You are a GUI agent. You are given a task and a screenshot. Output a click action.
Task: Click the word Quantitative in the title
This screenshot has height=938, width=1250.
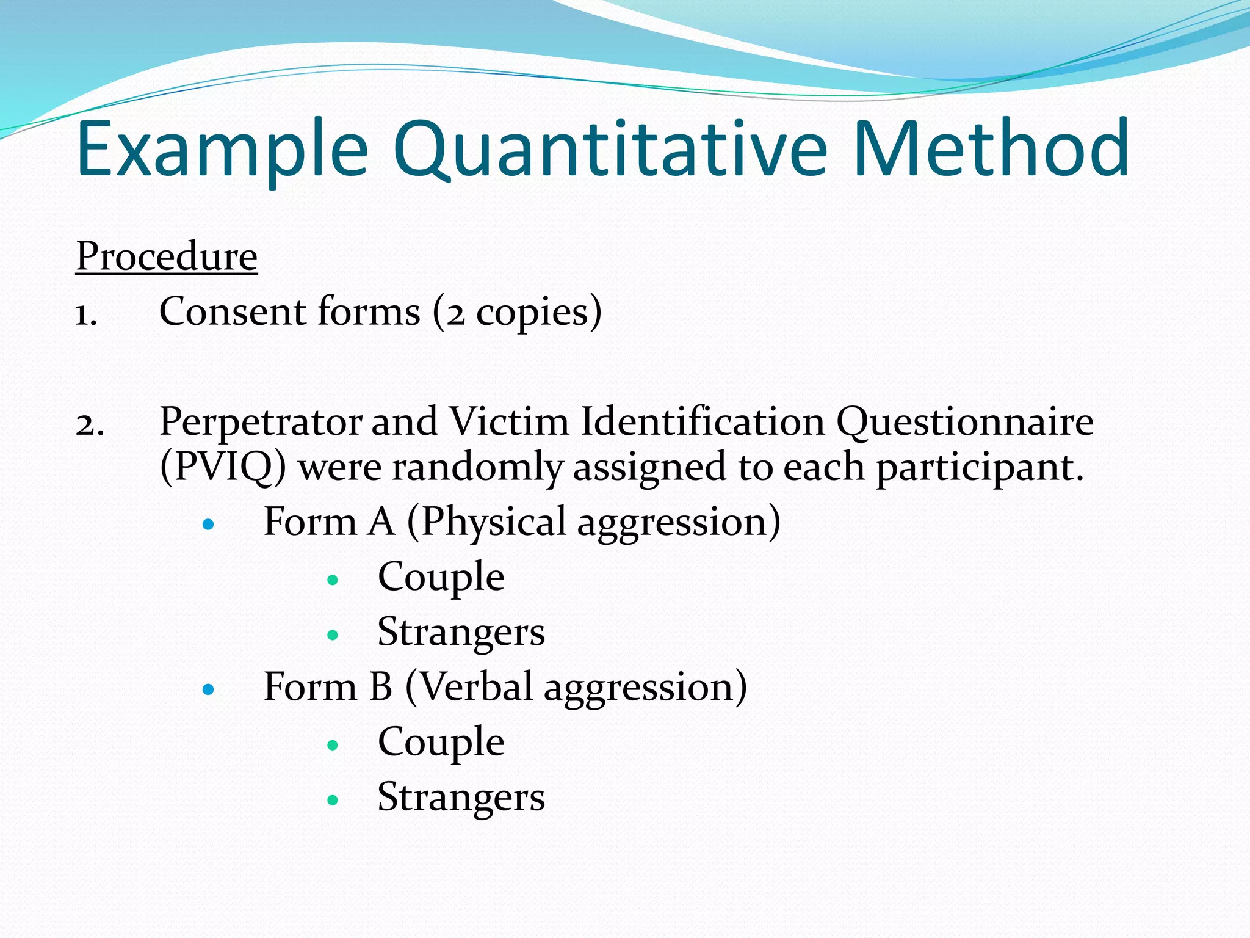610,150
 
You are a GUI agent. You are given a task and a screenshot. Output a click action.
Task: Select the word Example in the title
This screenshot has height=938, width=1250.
223,150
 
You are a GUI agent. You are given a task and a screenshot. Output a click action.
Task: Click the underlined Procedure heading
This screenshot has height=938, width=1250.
167,256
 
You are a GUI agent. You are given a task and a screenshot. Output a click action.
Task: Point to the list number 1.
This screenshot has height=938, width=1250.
86,315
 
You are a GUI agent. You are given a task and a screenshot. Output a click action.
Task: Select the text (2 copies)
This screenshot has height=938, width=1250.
518,313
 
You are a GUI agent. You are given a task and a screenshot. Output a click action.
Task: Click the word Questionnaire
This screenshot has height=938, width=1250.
964,423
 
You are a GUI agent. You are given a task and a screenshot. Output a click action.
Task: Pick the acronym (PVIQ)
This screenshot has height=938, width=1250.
223,467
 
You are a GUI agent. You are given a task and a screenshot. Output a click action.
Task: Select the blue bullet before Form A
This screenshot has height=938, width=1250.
209,524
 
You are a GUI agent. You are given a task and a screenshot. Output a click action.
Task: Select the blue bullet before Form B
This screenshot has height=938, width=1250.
209,689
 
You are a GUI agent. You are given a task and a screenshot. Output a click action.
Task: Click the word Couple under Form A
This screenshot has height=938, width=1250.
441,577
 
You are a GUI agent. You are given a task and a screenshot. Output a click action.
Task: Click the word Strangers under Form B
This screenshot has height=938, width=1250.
461,797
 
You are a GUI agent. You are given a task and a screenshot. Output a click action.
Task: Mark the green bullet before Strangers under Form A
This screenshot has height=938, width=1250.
333,635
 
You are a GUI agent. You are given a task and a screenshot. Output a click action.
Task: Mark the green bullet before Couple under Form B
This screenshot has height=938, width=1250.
333,744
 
